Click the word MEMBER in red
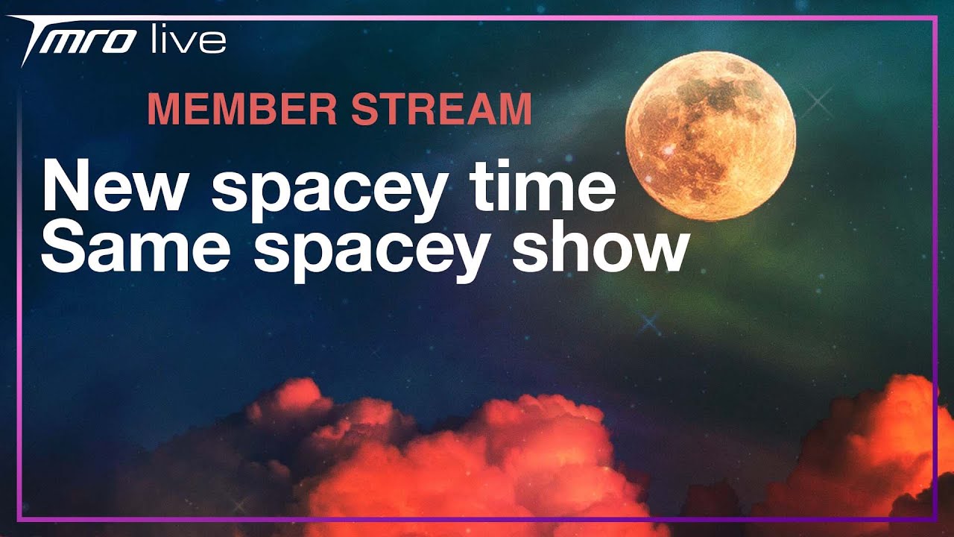click(x=243, y=109)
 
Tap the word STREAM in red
click(x=441, y=109)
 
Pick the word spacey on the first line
click(x=327, y=192)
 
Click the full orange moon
click(x=710, y=136)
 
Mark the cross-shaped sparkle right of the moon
click(x=818, y=102)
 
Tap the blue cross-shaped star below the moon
click(x=649, y=323)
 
